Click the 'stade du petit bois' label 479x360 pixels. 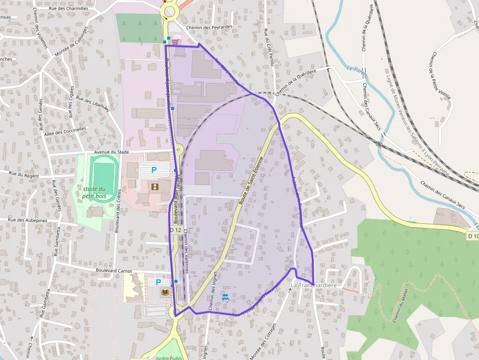pos(94,192)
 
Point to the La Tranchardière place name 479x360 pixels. pos(314,285)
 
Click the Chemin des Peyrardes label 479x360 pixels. pos(209,27)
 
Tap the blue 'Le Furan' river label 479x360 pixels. pos(357,71)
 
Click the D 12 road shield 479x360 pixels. pos(175,230)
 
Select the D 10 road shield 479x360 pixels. pos(472,236)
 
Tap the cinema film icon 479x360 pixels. pos(155,186)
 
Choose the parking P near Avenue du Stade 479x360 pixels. pos(154,170)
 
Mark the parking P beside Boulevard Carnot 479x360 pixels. pos(158,282)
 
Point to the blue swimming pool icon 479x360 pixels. pos(225,296)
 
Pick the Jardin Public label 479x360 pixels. pos(169,357)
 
